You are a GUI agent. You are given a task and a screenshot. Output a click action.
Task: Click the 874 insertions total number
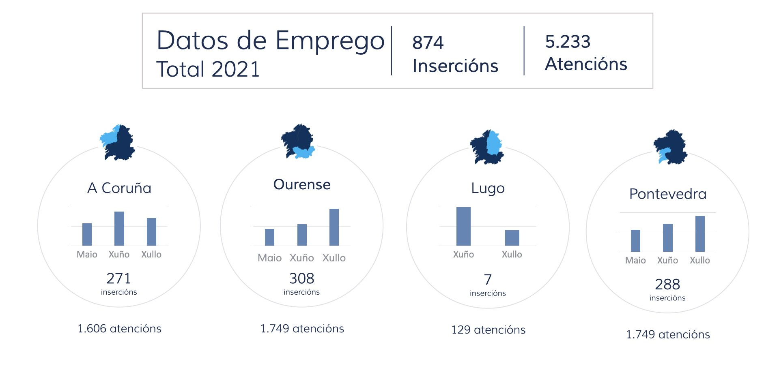tap(428, 43)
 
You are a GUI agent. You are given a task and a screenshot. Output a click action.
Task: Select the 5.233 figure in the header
tap(568, 41)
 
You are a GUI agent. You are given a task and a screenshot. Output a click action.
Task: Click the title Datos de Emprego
tap(270, 41)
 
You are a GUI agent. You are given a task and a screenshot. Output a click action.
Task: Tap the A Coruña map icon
tap(118, 142)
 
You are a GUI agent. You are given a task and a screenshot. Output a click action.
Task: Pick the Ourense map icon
tap(298, 141)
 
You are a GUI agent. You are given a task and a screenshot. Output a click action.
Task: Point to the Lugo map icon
tap(487, 147)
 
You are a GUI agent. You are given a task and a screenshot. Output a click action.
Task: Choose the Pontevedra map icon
tap(670, 147)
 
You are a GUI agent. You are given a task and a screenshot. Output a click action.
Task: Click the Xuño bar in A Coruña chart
tap(119, 228)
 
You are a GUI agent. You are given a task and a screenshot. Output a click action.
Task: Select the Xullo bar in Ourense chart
tap(334, 227)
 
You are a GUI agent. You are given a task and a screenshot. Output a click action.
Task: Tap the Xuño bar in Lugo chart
tap(463, 226)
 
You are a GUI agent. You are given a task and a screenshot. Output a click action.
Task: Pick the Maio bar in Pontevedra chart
tap(635, 241)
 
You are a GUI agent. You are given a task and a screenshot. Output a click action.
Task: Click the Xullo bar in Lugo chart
tap(512, 238)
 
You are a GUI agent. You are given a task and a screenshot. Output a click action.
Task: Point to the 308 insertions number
tap(302, 278)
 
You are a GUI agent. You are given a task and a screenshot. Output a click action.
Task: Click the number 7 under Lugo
tap(488, 279)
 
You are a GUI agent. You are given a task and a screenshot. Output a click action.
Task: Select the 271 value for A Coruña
tap(118, 278)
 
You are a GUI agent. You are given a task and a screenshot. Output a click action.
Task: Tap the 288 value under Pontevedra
tap(667, 284)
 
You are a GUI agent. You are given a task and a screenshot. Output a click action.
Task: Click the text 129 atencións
tap(488, 330)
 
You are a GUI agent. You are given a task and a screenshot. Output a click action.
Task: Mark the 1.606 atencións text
tap(119, 329)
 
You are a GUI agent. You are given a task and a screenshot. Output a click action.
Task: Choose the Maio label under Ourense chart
tap(269, 258)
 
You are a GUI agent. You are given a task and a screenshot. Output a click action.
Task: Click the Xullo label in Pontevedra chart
tap(700, 260)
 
